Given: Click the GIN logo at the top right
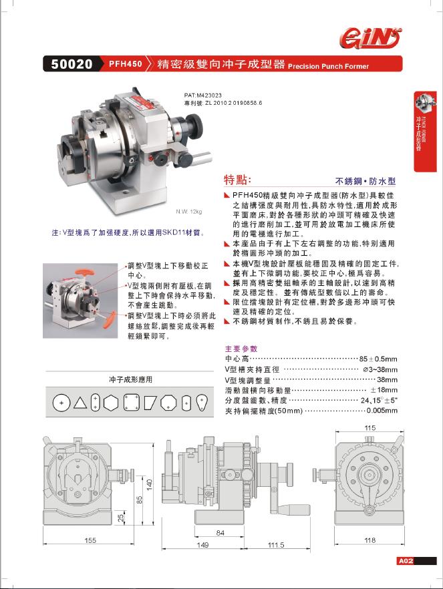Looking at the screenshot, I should click(x=372, y=37).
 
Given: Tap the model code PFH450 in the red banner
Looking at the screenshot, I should click(x=125, y=65).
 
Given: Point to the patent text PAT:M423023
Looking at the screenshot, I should click(x=202, y=95).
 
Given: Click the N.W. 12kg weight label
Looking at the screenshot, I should click(x=188, y=212).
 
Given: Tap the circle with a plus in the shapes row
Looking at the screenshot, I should click(x=61, y=403).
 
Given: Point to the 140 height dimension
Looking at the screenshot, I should click(x=150, y=483).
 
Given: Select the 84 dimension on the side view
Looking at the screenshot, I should click(x=220, y=532).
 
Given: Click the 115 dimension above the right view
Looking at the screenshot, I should click(x=370, y=427).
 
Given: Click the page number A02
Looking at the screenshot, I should click(x=406, y=561).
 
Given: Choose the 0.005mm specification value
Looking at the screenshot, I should click(x=383, y=411).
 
